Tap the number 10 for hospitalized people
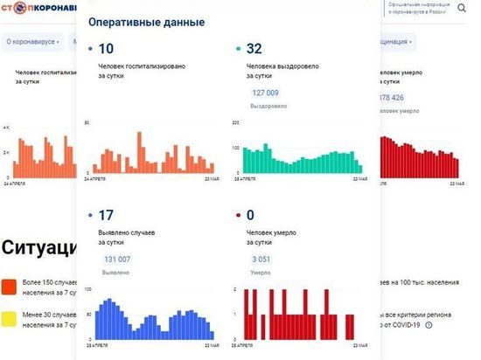(107, 49)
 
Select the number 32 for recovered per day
(254, 49)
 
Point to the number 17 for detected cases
(107, 215)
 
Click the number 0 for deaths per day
(250, 215)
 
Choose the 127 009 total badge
(265, 92)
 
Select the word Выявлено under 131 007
(118, 273)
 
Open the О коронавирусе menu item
(32, 41)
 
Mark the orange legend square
(9, 287)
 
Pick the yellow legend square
(9, 318)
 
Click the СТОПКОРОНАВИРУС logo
(39, 10)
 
